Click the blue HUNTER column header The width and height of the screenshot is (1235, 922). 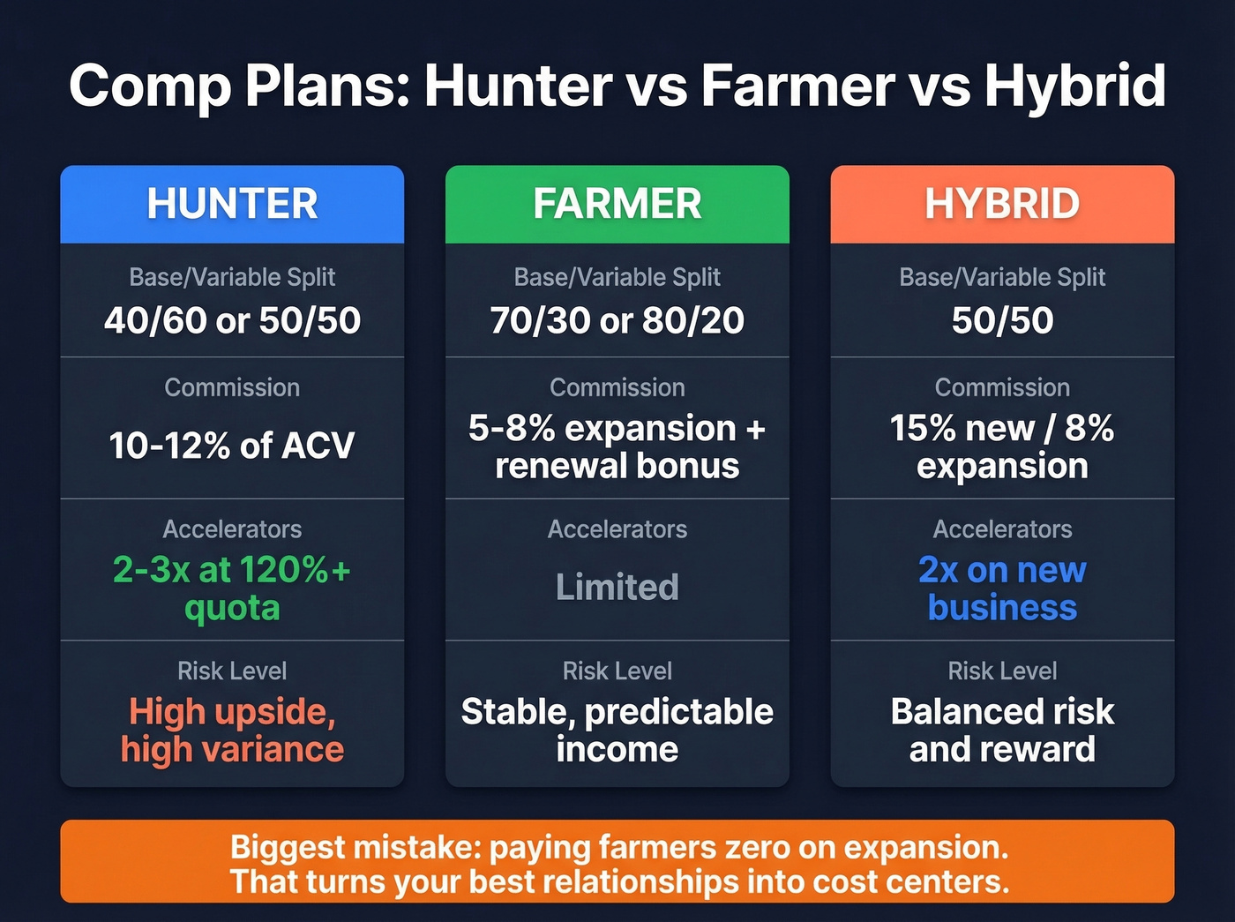[x=232, y=204]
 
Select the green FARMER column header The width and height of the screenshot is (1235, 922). [x=617, y=204]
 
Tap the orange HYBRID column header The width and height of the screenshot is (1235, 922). [x=1002, y=204]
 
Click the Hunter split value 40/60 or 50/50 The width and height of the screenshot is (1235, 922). [x=232, y=320]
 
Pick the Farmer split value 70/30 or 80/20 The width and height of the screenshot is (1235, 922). [x=617, y=320]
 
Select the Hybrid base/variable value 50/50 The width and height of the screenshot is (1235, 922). [x=1002, y=320]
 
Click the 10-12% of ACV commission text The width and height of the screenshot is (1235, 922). [x=232, y=446]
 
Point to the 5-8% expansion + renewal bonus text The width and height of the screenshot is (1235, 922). [x=617, y=446]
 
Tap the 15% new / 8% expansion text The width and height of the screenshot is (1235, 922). [x=1002, y=446]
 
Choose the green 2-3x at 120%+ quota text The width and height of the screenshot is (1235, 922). [x=232, y=588]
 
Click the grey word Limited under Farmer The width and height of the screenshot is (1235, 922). [x=617, y=587]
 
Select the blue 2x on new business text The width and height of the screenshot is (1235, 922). [x=1002, y=588]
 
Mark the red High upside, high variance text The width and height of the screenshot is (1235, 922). [x=232, y=730]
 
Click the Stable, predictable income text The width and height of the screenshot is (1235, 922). [x=617, y=730]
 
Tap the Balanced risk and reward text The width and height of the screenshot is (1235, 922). [x=1002, y=730]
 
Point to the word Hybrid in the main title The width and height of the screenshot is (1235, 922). [x=1074, y=86]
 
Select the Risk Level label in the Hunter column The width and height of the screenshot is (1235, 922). [x=232, y=671]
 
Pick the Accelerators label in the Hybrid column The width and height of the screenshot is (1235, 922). [x=1002, y=529]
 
